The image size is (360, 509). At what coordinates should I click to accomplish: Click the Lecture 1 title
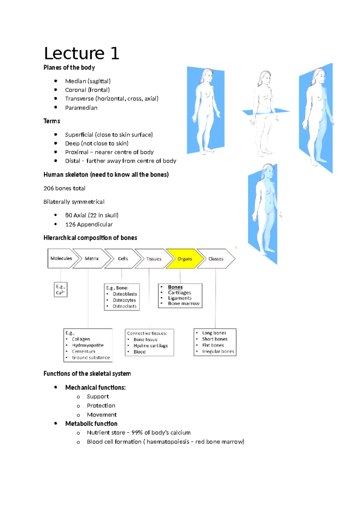tap(82, 53)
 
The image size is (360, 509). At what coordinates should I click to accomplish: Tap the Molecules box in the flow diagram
tap(61, 258)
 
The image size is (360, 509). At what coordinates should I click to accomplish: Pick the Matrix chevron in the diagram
tap(91, 258)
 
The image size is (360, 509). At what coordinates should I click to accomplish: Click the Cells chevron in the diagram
tap(123, 258)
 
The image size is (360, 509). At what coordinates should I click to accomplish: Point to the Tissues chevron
tap(154, 259)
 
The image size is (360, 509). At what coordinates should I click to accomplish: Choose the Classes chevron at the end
tap(216, 259)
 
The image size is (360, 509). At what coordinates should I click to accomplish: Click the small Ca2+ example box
tap(61, 290)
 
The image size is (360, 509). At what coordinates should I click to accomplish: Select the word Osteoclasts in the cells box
tap(124, 306)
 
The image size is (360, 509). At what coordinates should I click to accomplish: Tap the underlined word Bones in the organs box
tap(175, 287)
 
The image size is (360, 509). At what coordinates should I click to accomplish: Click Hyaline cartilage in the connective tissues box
tap(151, 346)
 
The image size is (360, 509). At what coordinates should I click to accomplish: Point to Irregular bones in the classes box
tap(218, 351)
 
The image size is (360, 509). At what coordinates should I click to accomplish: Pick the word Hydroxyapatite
tap(88, 345)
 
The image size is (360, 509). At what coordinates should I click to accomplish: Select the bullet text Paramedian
tap(81, 108)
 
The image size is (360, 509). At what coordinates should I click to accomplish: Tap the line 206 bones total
tap(64, 188)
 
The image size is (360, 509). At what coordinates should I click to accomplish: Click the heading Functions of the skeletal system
tap(87, 374)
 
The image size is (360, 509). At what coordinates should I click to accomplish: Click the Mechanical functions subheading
tap(95, 387)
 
